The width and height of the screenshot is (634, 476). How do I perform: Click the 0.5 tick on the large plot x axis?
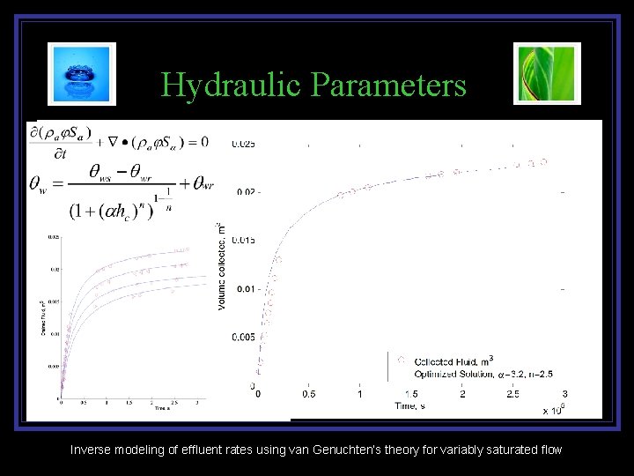click(308, 394)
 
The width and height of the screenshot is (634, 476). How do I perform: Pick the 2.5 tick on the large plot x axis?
click(512, 394)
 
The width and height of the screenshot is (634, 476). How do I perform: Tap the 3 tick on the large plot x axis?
click(564, 394)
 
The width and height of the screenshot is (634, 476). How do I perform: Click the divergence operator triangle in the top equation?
click(113, 140)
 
